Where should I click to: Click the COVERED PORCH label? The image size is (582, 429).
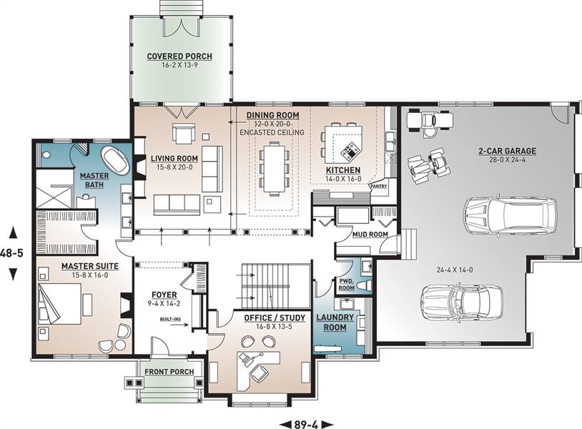(x=179, y=56)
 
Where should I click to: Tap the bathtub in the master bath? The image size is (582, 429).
(x=115, y=161)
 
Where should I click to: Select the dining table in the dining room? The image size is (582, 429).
(x=275, y=167)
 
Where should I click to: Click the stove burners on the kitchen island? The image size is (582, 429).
(x=351, y=151)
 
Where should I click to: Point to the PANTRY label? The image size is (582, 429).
(x=379, y=187)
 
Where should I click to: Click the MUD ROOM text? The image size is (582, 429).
(x=370, y=235)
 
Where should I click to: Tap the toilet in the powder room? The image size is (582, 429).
(x=365, y=285)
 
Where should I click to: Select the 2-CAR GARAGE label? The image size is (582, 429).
(x=507, y=151)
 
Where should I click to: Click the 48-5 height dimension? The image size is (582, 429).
(x=12, y=253)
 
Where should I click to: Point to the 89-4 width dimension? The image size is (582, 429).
(x=307, y=424)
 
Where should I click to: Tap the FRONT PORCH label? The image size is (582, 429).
(x=169, y=372)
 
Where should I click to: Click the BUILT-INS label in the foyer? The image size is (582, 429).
(x=168, y=319)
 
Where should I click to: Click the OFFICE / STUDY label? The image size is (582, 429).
(x=275, y=318)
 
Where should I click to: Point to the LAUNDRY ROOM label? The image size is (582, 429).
(x=335, y=322)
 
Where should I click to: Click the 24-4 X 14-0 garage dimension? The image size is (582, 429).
(x=455, y=270)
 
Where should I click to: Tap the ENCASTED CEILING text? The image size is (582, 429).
(x=272, y=132)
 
